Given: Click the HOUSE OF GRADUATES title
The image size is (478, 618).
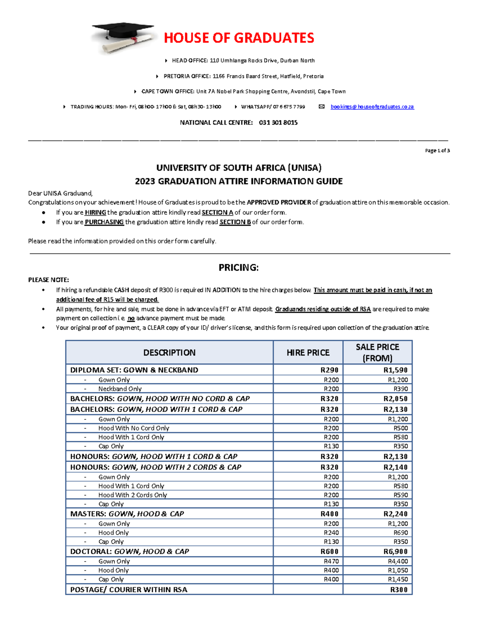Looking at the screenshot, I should [239, 38].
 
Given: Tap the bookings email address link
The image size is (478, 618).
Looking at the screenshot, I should [372, 107].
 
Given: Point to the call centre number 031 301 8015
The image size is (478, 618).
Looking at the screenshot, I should [278, 123].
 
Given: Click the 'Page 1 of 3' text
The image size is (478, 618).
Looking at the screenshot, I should [437, 150].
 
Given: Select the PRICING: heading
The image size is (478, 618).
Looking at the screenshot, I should [239, 267].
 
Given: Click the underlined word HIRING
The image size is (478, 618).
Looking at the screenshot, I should [95, 212].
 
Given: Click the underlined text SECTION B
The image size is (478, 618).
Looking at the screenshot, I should [235, 222].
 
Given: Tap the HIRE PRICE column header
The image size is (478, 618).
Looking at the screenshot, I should [308, 353].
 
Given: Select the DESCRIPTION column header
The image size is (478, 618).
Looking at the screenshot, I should [169, 353].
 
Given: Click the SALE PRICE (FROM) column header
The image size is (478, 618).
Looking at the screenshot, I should [377, 353].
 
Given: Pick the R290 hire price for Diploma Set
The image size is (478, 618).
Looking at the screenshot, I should [329, 370].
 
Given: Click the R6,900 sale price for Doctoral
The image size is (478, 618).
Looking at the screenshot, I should [395, 552].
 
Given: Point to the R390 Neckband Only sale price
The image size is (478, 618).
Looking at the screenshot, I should [400, 389].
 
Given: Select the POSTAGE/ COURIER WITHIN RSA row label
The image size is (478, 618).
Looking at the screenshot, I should [129, 589].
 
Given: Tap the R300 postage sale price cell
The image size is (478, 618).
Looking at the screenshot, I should [398, 589].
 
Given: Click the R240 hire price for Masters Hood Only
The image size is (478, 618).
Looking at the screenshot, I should [331, 532].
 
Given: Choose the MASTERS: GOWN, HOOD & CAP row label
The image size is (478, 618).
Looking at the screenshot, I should [127, 514].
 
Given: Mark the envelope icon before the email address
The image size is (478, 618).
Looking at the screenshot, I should [322, 107].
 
